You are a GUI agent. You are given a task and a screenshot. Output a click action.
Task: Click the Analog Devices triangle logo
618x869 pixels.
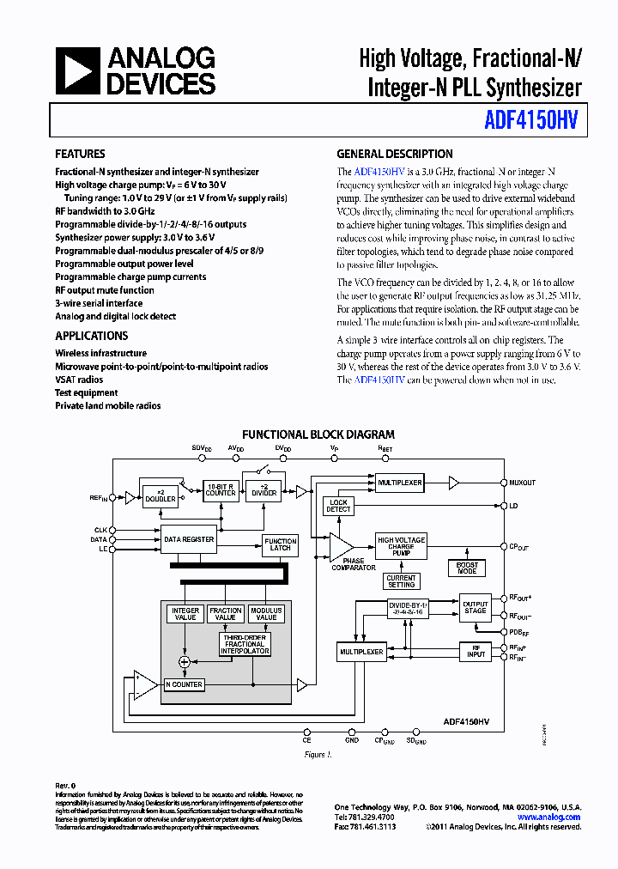pos(77,70)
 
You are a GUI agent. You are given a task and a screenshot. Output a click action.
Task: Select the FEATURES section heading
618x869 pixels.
pos(80,155)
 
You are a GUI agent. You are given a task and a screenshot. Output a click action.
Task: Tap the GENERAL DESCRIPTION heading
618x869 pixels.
pos(394,155)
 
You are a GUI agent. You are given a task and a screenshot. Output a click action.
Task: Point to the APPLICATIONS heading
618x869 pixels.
pos(91,336)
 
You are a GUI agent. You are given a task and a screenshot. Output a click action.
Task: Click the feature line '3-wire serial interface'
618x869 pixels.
pos(99,303)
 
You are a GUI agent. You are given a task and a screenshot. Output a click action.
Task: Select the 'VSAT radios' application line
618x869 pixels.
pos(79,380)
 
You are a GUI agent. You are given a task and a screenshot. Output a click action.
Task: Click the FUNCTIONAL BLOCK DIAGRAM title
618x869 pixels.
pos(318,434)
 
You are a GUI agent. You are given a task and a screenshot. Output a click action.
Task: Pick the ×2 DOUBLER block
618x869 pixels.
pos(160,495)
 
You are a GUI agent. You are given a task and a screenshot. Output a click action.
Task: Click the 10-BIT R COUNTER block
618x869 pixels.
pos(221,489)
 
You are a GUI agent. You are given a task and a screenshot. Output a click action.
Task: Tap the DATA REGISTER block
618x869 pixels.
pos(189,539)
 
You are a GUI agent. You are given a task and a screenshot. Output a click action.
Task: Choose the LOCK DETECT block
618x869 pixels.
pos(338,506)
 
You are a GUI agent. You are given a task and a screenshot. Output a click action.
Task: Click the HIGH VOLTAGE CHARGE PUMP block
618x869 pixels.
pos(401,546)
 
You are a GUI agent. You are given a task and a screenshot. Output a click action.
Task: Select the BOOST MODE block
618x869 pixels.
pos(467,568)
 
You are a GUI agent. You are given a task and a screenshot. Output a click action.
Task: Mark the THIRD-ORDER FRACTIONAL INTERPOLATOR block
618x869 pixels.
pos(245,644)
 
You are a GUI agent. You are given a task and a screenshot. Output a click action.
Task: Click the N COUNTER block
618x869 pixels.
pos(184,684)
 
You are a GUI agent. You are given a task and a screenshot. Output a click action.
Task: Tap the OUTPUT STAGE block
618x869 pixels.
pos(475,607)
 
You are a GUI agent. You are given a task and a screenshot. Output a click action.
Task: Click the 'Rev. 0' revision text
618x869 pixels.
pos(65,786)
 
